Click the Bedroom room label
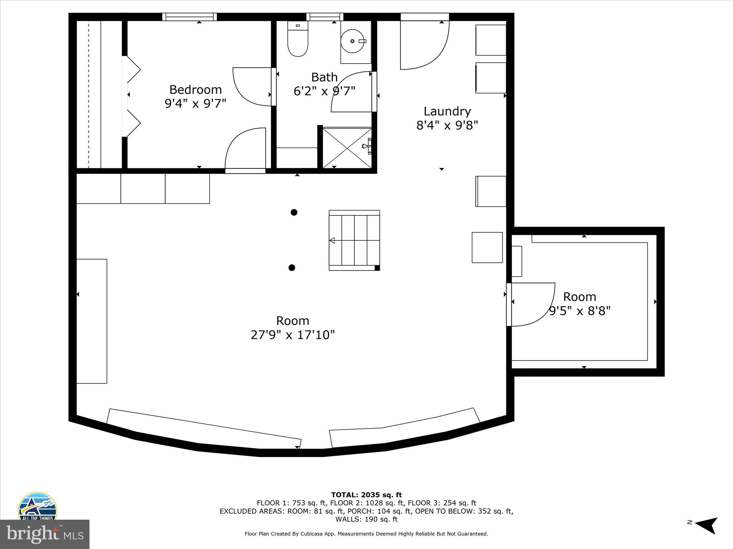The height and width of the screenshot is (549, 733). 195,89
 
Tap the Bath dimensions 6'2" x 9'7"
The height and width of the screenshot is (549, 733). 324,91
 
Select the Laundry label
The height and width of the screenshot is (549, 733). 447,112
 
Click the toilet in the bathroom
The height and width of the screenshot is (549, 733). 298,39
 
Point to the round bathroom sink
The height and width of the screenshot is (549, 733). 353,41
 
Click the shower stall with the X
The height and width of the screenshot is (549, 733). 347,148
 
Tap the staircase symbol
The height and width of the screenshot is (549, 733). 354,240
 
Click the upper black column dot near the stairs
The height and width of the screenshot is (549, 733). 294,212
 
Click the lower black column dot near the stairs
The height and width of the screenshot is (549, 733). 292,268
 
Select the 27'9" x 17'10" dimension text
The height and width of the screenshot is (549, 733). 292,335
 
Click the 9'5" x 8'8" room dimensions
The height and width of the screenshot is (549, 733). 579,311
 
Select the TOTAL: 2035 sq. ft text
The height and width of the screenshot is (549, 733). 366,495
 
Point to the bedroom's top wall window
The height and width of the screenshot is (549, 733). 189,17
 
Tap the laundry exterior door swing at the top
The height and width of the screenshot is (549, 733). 424,45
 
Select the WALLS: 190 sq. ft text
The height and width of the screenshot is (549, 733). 366,519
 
